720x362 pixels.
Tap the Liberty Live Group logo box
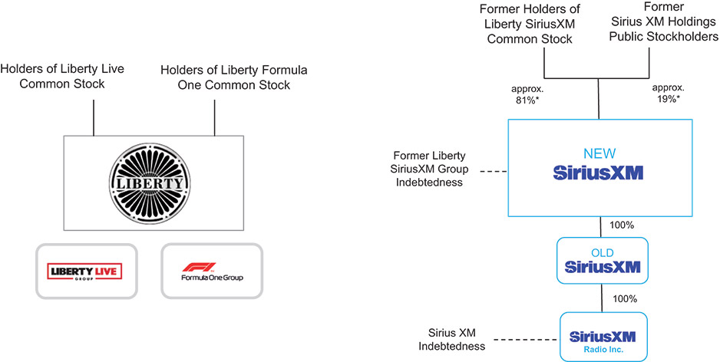[x=85, y=271]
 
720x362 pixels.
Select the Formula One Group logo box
[x=211, y=271]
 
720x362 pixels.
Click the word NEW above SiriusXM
[x=599, y=153]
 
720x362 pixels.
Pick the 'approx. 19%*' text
[x=669, y=94]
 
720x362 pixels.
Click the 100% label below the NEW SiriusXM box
[x=621, y=225]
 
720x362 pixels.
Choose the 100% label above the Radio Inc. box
[x=621, y=298]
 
